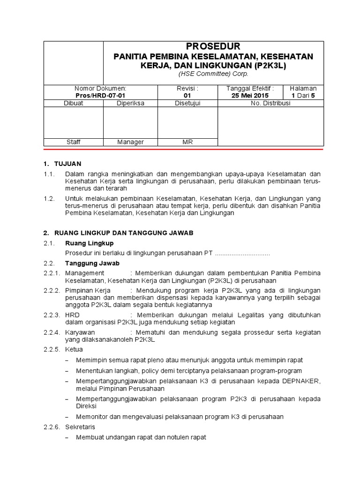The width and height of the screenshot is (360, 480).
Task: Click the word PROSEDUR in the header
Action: pyautogui.click(x=213, y=46)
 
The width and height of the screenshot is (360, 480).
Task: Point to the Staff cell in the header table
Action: pyautogui.click(x=73, y=142)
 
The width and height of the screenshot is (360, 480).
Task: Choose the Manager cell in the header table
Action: pyautogui.click(x=130, y=142)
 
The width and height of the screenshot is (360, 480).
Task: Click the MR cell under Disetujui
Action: pyautogui.click(x=187, y=142)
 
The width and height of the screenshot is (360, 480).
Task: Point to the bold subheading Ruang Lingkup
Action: pyautogui.click(x=89, y=243)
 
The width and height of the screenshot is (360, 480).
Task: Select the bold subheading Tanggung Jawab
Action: pyautogui.click(x=92, y=263)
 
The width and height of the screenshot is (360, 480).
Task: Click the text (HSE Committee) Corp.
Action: pyautogui.click(x=213, y=74)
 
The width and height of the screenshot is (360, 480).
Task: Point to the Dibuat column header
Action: pyautogui.click(x=73, y=103)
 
